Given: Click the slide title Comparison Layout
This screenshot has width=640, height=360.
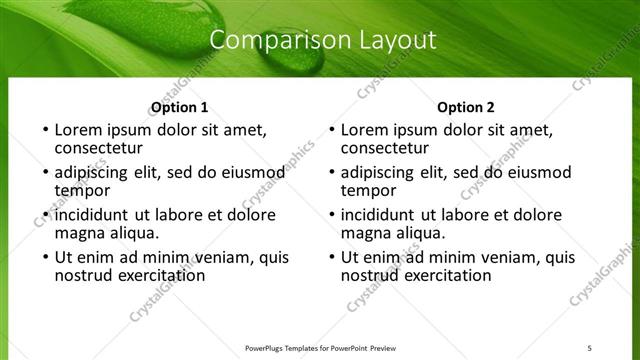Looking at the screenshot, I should click(325, 41).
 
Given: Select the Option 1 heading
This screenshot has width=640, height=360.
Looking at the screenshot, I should click(180, 106).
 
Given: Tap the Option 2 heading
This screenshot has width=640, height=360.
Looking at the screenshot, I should click(466, 106).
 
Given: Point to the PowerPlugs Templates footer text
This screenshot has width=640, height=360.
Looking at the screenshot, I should click(328, 347).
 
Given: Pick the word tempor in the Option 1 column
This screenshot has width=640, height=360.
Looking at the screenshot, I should click(81, 190).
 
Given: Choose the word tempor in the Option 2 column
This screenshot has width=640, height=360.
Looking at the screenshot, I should click(367, 190).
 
